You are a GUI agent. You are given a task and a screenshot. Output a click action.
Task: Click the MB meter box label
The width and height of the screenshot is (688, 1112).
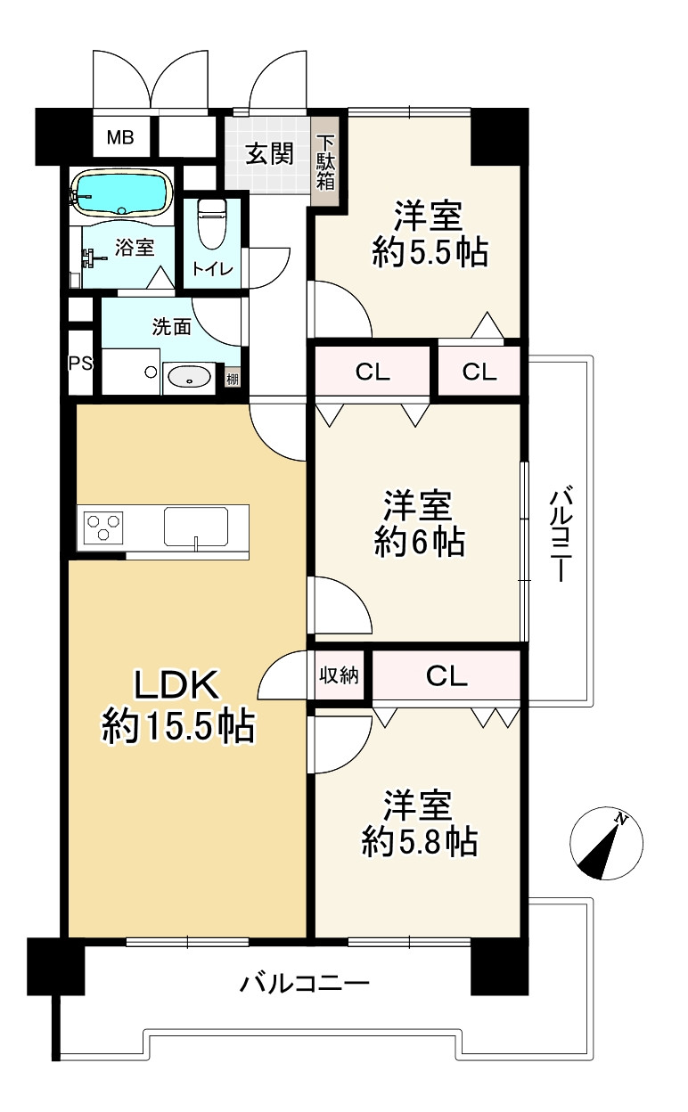pyautogui.click(x=120, y=137)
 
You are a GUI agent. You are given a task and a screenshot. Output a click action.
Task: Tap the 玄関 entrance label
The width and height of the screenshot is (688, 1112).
pyautogui.click(x=270, y=153)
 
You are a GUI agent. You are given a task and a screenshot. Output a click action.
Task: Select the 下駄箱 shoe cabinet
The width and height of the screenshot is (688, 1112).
pyautogui.click(x=325, y=163)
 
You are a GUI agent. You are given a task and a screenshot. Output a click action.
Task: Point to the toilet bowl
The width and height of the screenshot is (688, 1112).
pyautogui.click(x=211, y=223)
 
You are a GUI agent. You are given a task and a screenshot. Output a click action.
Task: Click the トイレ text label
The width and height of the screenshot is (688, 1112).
pyautogui.click(x=212, y=270)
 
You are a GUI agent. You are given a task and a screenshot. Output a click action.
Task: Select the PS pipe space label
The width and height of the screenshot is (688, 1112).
pyautogui.click(x=80, y=364)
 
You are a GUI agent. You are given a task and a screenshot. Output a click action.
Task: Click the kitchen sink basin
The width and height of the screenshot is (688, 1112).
pyautogui.click(x=197, y=527)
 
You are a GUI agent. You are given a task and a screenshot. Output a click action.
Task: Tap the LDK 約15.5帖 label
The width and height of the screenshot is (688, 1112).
pyautogui.click(x=178, y=706)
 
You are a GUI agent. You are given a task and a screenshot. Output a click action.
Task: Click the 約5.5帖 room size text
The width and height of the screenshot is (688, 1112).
pyautogui.click(x=430, y=252)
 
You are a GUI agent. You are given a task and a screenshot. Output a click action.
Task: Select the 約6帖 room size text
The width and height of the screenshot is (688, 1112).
pyautogui.click(x=420, y=541)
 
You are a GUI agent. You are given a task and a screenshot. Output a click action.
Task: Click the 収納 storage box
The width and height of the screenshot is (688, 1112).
pyautogui.click(x=339, y=675)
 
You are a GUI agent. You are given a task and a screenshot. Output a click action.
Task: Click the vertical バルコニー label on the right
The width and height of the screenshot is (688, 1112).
pyautogui.click(x=561, y=535)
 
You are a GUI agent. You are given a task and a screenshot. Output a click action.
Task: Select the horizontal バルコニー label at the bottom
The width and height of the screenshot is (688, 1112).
pyautogui.click(x=305, y=982)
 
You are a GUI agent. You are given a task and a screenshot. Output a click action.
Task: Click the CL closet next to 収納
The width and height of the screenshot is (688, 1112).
pyautogui.click(x=446, y=675)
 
